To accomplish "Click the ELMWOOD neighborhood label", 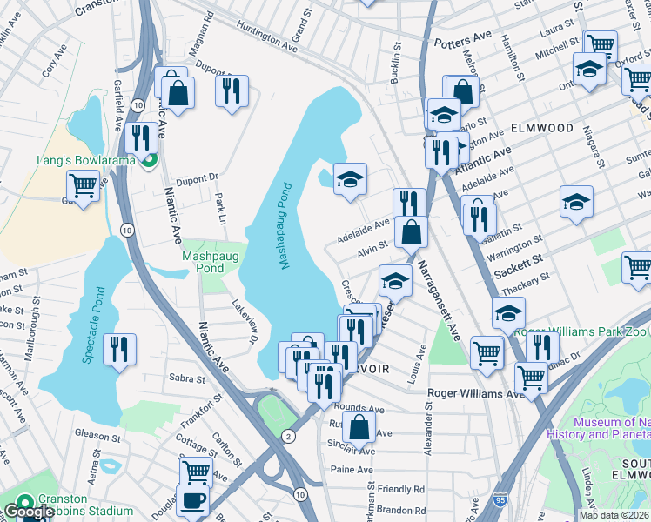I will pyautogui.click(x=541, y=128).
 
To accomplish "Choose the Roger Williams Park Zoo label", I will pyautogui.click(x=581, y=331).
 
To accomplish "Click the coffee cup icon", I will pyautogui.click(x=191, y=501).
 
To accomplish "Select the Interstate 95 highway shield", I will pyautogui.click(x=512, y=503).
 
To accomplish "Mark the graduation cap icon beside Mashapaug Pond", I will pyautogui.click(x=350, y=179).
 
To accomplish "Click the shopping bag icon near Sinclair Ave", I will pyautogui.click(x=359, y=427).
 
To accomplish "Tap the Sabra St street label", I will pyautogui.click(x=187, y=378).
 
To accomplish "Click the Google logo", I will pyautogui.click(x=29, y=512).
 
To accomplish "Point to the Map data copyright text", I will pyautogui.click(x=614, y=515).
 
